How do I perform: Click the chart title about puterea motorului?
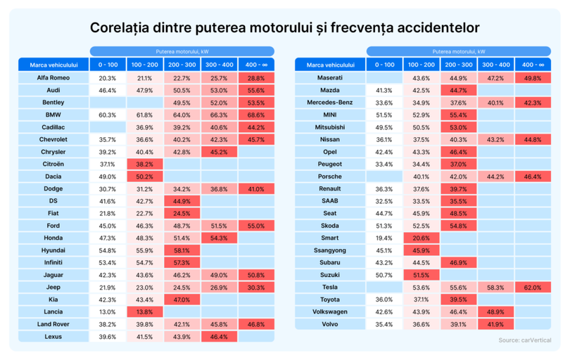click(285, 28)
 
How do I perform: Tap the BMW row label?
click(53, 115)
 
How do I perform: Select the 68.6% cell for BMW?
click(256, 115)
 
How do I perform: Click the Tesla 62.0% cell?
click(533, 288)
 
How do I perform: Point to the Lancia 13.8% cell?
click(145, 312)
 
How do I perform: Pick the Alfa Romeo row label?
click(53, 78)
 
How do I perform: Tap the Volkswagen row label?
click(330, 312)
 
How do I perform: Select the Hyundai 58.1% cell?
click(182, 250)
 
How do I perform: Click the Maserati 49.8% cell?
click(533, 78)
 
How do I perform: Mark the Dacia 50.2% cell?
click(145, 176)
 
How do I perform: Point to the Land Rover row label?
click(53, 324)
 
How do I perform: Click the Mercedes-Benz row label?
click(330, 103)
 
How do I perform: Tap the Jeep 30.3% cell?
click(256, 288)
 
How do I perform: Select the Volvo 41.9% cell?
click(495, 324)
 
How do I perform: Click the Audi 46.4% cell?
click(108, 90)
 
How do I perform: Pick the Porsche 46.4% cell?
click(533, 176)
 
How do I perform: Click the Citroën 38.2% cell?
click(145, 164)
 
